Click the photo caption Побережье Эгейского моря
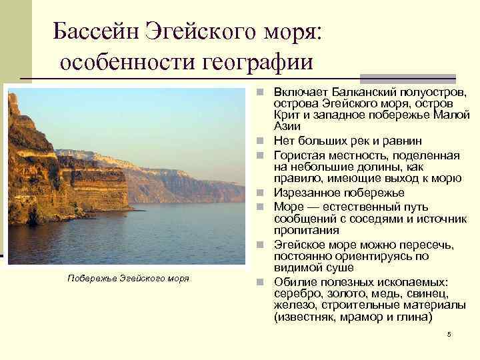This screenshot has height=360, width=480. [129, 277]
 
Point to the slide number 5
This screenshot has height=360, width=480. [449, 334]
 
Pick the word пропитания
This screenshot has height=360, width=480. [301, 230]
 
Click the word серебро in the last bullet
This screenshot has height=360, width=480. [296, 293]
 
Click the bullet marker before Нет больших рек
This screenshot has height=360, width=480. [265, 141]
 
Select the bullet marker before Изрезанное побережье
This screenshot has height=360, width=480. [265, 193]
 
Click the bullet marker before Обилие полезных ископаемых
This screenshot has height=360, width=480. [265, 282]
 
